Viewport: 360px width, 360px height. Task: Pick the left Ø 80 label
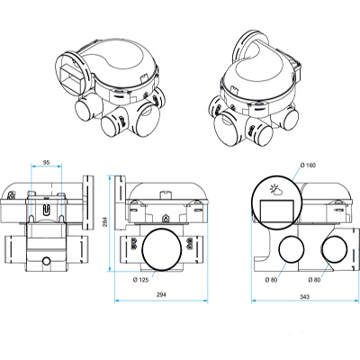click(272, 279)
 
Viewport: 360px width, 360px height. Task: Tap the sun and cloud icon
click(274, 190)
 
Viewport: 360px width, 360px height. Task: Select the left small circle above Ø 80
click(291, 251)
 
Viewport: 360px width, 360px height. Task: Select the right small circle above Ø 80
click(332, 251)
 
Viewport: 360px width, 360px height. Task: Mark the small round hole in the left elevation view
click(47, 263)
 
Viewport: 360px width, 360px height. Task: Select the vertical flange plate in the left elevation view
click(87, 198)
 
